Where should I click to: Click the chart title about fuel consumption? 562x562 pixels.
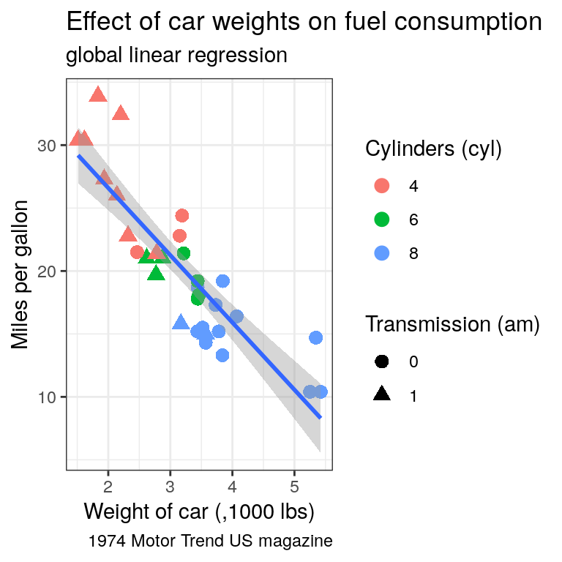pyautogui.click(x=304, y=23)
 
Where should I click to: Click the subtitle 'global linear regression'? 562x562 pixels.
pyautogui.click(x=176, y=55)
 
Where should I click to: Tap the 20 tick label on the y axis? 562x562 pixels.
pyautogui.click(x=47, y=271)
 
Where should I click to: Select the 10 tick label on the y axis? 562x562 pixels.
pyautogui.click(x=47, y=397)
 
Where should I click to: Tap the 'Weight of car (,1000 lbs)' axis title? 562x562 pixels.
pyautogui.click(x=199, y=512)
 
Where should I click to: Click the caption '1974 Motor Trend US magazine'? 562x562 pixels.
pyautogui.click(x=210, y=542)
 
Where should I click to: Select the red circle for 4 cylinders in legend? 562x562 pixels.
pyautogui.click(x=382, y=186)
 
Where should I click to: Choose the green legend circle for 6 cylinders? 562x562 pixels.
pyautogui.click(x=382, y=220)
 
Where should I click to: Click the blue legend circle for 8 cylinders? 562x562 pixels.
pyautogui.click(x=382, y=253)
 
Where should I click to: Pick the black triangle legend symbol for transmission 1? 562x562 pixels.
pyautogui.click(x=382, y=395)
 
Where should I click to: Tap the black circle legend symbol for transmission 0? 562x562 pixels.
pyautogui.click(x=382, y=361)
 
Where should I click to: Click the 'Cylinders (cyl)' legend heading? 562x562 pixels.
pyautogui.click(x=433, y=149)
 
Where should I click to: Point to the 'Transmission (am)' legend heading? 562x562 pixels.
pyautogui.click(x=452, y=324)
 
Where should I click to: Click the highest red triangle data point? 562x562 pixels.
pyautogui.click(x=98, y=94)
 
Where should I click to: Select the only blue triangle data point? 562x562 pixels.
pyautogui.click(x=181, y=323)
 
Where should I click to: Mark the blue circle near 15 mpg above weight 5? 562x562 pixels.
pyautogui.click(x=315, y=337)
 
